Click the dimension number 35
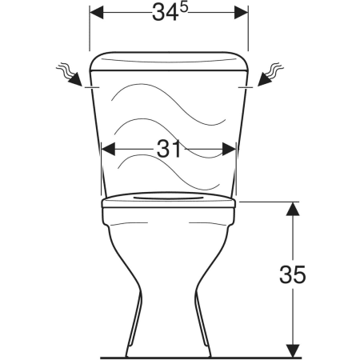tap(293, 274)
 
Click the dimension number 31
tap(169, 149)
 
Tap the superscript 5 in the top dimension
tap(183, 8)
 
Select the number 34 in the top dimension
tap(165, 13)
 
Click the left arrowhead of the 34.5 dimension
tap(96, 12)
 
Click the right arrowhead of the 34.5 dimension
tap(242, 12)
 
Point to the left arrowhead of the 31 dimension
tap(108, 149)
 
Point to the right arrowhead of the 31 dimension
tap(229, 149)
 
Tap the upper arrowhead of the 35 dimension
tap(293, 209)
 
